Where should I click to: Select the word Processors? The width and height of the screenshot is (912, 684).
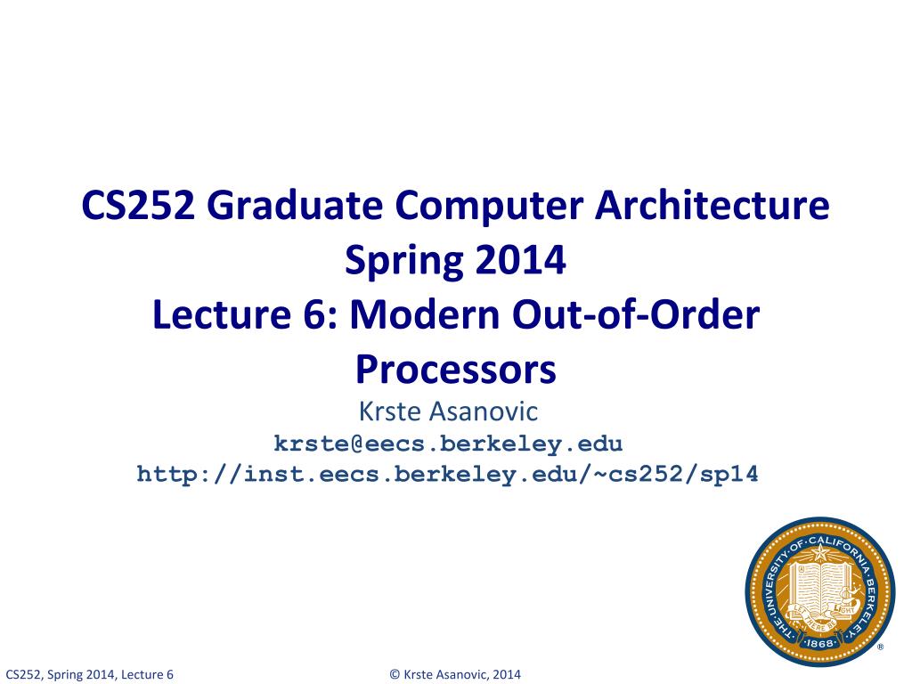pyautogui.click(x=456, y=369)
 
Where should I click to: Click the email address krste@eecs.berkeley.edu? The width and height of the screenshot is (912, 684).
pyautogui.click(x=448, y=444)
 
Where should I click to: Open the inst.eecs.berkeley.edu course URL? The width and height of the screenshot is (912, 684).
pyautogui.click(x=447, y=474)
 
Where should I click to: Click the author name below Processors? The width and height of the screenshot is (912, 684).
pyautogui.click(x=456, y=412)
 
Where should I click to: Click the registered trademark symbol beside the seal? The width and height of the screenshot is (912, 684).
pyautogui.click(x=881, y=647)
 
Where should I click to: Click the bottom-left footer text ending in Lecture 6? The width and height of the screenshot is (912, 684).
pyautogui.click(x=89, y=674)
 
